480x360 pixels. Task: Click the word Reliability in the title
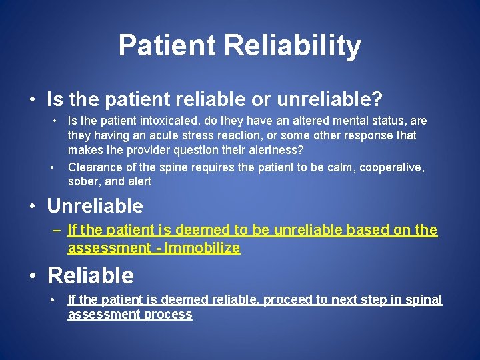coord(293,46)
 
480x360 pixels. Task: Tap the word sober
coord(84,181)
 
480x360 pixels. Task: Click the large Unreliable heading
coord(95,205)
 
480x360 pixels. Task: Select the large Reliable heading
coord(91,275)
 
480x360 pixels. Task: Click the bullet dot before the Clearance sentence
coord(53,167)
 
